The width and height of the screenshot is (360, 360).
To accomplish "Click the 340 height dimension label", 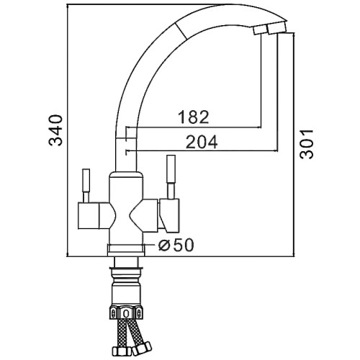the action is click(55, 130).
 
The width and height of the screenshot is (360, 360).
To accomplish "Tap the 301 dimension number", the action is click(307, 144).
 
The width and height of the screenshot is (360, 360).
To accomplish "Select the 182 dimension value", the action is click(194, 117).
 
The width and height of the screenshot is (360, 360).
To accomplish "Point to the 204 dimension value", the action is click(202, 142).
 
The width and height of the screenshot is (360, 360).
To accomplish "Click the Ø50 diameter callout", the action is click(176, 245).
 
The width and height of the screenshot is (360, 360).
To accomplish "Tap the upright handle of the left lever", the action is click(86, 185).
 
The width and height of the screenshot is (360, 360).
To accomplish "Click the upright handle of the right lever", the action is click(171, 177).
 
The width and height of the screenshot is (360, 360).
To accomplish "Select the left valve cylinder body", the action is click(89, 215).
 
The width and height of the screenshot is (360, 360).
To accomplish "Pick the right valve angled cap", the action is click(169, 215).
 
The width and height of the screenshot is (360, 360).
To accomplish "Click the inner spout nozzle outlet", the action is click(259, 30).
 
